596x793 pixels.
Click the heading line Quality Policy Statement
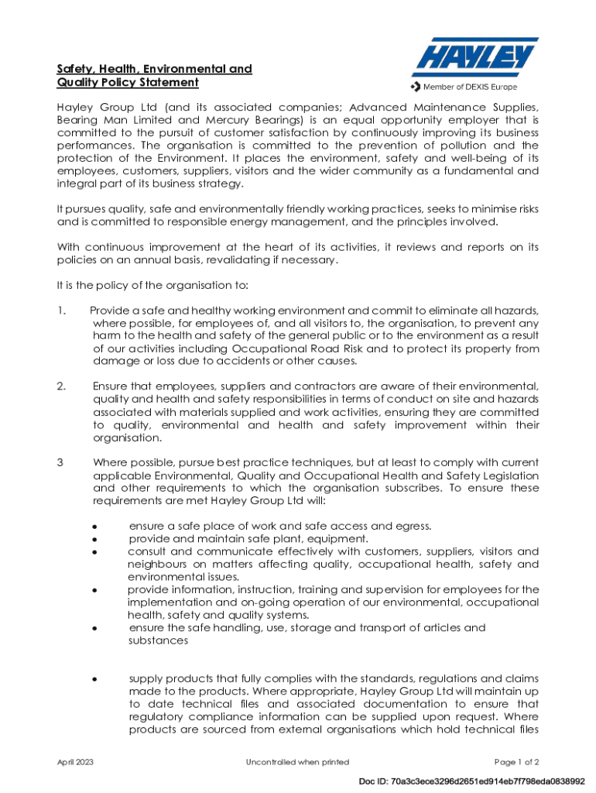point(128,83)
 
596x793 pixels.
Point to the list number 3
point(60,462)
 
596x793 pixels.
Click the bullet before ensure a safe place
point(94,527)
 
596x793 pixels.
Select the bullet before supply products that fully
point(94,679)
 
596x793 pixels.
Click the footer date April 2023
point(76,762)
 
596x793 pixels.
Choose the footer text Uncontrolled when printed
point(297,762)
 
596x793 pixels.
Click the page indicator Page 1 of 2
point(516,762)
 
